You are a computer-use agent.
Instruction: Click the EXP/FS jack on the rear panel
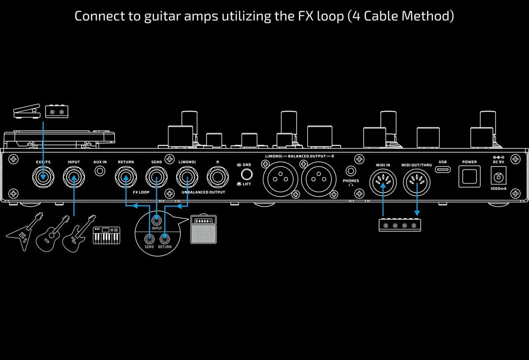tap(43, 177)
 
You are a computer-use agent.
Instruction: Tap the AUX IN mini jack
tap(100, 171)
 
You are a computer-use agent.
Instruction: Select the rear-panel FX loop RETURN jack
tap(126, 177)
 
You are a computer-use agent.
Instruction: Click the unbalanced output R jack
tap(217, 177)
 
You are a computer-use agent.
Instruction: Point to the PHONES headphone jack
tap(351, 171)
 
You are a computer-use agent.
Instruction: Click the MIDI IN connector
tap(383, 182)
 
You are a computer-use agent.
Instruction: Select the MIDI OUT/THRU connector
tap(417, 182)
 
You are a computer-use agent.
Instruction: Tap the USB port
tap(443, 169)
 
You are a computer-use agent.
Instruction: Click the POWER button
tap(469, 176)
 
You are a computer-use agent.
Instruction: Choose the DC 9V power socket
tap(499, 176)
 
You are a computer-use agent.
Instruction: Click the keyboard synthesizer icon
tap(107, 236)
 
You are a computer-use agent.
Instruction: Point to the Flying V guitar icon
tap(24, 232)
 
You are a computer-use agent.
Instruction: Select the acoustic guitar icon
tap(52, 233)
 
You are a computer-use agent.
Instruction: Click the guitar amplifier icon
tap(203, 229)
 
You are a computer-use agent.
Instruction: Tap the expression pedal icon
tap(27, 111)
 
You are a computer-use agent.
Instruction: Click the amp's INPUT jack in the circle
tap(156, 221)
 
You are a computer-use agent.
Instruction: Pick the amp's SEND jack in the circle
tap(149, 239)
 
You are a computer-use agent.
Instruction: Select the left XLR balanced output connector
tap(280, 179)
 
